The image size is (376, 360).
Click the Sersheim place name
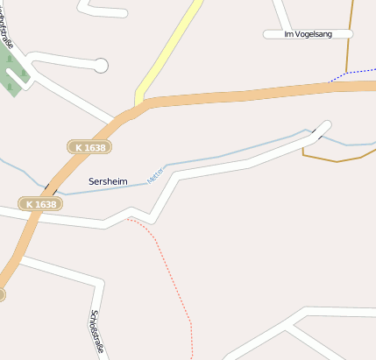[x=108, y=181]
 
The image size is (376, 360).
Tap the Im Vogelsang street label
[x=308, y=34]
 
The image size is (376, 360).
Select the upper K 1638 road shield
[x=89, y=148]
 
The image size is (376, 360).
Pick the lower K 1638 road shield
[x=40, y=204]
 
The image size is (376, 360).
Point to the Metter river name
[x=156, y=173]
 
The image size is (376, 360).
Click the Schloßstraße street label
[x=98, y=335]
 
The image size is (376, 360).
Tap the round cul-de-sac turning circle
[x=101, y=65]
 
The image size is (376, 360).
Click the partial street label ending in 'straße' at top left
[x=7, y=26]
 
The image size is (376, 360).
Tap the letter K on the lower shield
[x=30, y=204]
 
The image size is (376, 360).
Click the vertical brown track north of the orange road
[x=351, y=26]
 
